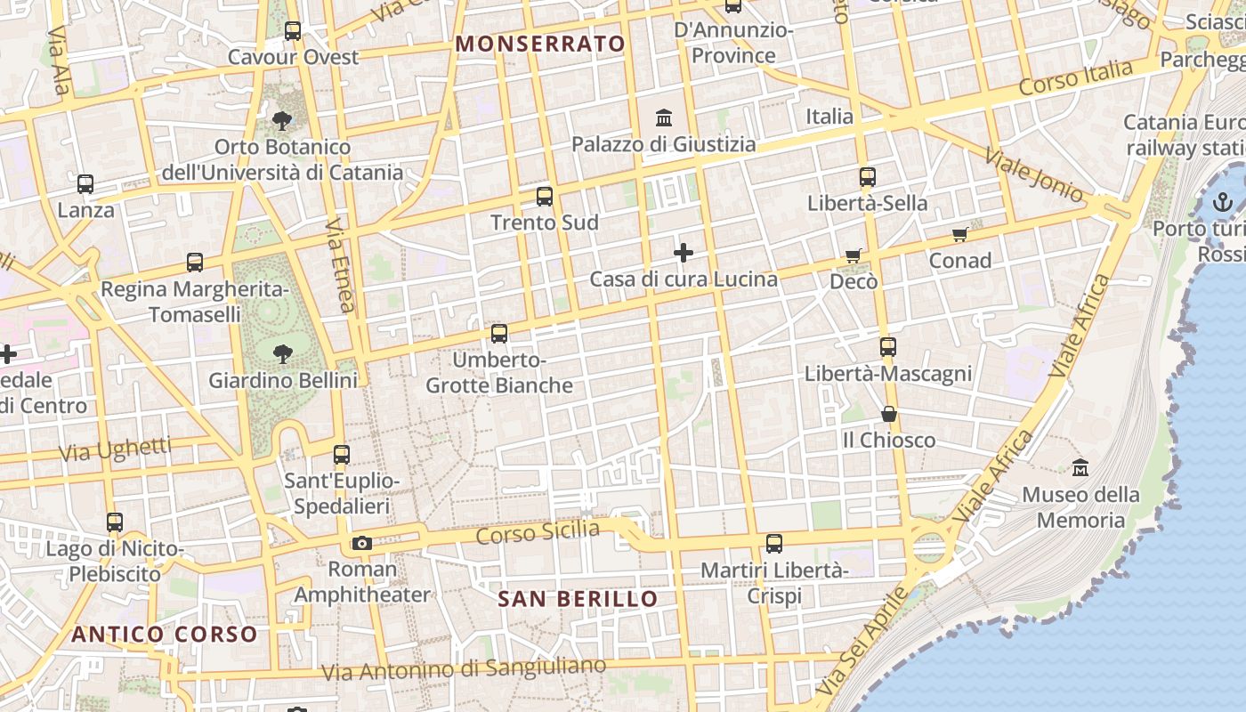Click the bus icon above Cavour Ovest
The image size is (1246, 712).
[293, 31]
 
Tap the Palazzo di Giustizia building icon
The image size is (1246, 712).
[664, 117]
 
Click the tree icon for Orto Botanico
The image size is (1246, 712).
[282, 120]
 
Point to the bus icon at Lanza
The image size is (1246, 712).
[85, 184]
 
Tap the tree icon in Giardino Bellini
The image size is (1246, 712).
[283, 354]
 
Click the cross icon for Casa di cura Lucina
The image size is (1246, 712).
[684, 253]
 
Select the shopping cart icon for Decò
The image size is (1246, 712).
[854, 256]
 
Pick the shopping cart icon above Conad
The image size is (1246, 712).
[960, 234]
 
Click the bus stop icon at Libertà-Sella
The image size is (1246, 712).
[868, 177]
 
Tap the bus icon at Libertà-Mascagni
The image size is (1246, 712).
[887, 347]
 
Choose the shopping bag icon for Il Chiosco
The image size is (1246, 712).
[888, 414]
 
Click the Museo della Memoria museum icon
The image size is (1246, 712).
[1080, 467]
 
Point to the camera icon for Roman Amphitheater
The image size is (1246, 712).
[361, 543]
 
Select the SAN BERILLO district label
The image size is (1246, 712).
[578, 599]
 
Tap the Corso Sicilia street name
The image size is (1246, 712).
[538, 532]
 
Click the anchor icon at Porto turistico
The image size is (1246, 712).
[1223, 202]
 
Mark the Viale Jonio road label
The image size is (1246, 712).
[1033, 174]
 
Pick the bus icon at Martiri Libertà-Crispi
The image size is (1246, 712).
[774, 543]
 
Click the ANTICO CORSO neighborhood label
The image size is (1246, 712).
[165, 635]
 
